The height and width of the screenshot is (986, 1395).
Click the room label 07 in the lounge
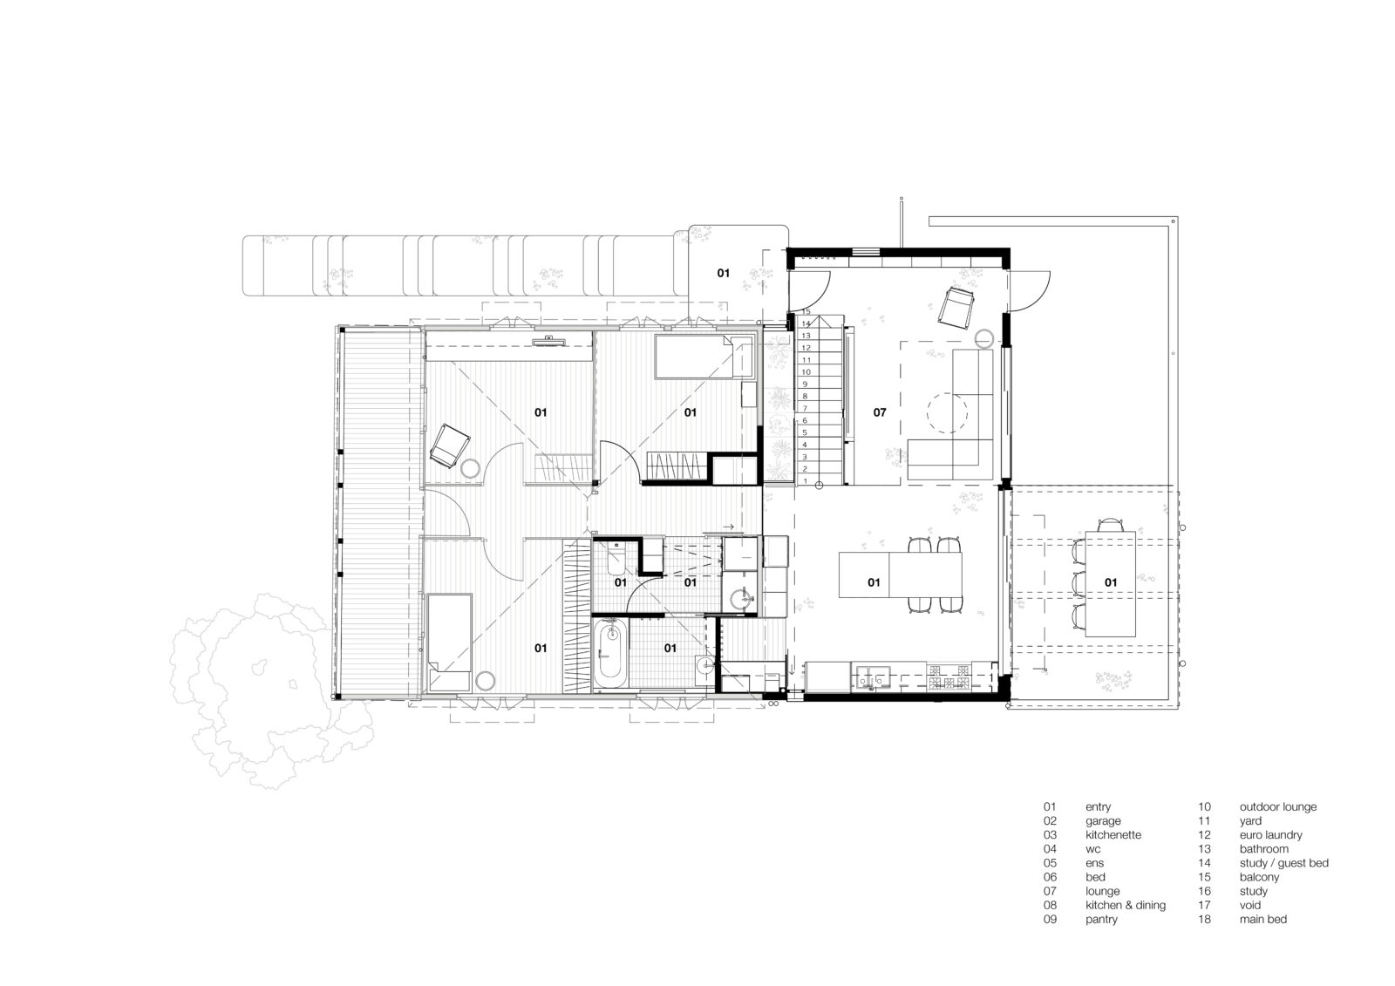(880, 412)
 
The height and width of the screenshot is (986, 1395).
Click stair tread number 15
(806, 311)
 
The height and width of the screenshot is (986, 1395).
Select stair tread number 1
(806, 481)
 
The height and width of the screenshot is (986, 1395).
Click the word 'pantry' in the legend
(1101, 919)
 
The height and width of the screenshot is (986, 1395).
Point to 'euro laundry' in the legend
(1270, 834)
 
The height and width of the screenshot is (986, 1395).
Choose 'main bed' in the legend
(1263, 919)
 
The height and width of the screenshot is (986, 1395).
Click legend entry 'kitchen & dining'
(1126, 905)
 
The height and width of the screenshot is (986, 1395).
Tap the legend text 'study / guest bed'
(1284, 863)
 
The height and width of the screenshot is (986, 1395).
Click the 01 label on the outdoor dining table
(1111, 582)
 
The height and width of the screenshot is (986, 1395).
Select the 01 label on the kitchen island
(874, 582)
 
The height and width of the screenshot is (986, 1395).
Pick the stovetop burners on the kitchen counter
(949, 677)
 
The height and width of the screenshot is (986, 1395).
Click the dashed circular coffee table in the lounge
(947, 412)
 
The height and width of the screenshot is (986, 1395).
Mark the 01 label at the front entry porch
(723, 273)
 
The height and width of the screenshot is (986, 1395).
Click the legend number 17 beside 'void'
(1204, 905)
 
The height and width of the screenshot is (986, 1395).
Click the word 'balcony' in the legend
(1259, 877)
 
